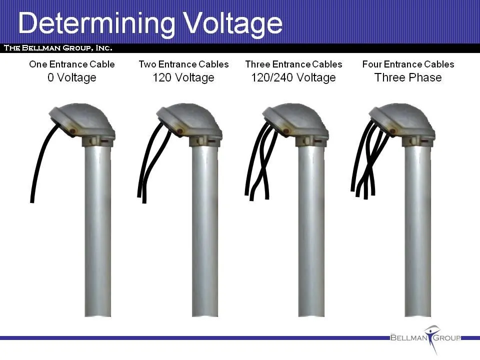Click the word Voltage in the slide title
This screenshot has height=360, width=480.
click(234, 23)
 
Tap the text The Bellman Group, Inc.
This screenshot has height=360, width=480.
click(58, 48)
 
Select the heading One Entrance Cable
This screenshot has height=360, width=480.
click(72, 64)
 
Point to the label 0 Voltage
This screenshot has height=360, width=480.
click(72, 77)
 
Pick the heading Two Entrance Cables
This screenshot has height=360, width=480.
click(183, 64)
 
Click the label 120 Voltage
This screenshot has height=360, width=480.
click(183, 77)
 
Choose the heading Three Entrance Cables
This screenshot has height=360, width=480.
click(293, 64)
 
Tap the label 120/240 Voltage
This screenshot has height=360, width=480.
click(293, 77)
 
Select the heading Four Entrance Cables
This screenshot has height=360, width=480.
click(408, 64)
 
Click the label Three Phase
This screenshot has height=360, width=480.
click(408, 77)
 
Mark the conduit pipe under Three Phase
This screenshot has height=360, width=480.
click(417, 231)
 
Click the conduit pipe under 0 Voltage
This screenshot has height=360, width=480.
click(97, 231)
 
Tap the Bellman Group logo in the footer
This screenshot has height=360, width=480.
click(425, 338)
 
